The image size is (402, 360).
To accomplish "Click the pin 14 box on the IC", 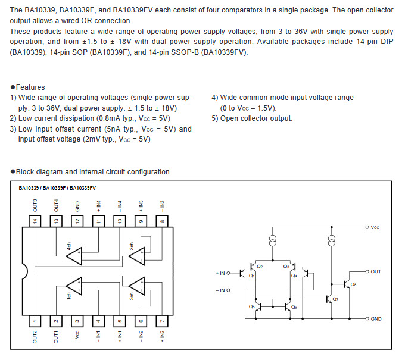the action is (x=35, y=221).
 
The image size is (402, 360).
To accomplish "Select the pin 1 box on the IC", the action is (x=35, y=321).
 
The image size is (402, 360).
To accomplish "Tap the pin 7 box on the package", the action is (x=162, y=321).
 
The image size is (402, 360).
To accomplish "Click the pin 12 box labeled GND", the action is (x=77, y=221).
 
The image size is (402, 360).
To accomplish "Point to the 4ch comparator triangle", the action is (x=75, y=256).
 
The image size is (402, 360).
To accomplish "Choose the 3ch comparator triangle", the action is (x=138, y=256).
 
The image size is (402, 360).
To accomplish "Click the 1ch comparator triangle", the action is (x=75, y=286).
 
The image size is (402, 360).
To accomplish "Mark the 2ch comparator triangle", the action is (x=138, y=286).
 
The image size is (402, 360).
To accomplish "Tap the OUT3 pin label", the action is (x=35, y=205).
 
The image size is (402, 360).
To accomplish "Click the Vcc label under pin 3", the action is (x=77, y=334).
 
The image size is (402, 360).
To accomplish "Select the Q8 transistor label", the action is (x=353, y=284).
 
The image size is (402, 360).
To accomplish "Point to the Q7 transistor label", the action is (x=335, y=299).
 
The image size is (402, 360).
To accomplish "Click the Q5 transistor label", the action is (x=251, y=306).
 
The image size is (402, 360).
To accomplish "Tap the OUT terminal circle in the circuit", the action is (x=367, y=271).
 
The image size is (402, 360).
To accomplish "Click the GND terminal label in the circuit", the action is (x=376, y=319).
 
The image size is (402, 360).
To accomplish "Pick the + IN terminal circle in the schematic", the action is (x=229, y=273).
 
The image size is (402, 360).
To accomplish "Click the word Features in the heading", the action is (x=30, y=87).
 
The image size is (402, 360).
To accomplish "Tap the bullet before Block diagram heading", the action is (x=13, y=172).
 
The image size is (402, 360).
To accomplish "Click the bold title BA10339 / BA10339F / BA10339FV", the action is (x=57, y=188).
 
